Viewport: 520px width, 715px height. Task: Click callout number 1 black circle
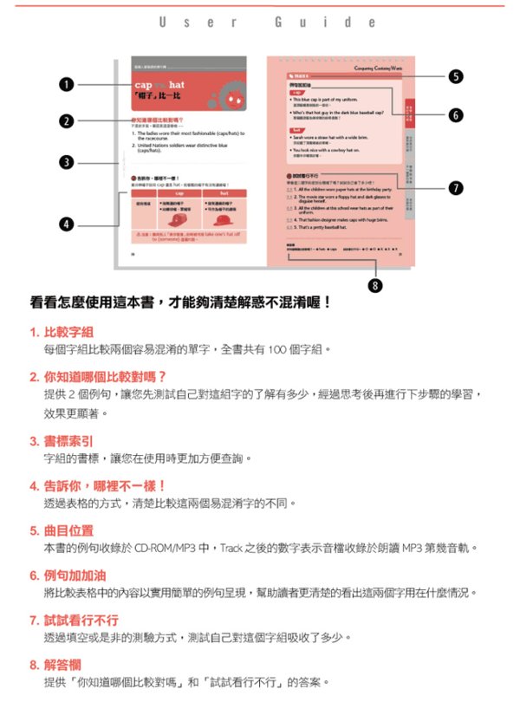coord(65,84)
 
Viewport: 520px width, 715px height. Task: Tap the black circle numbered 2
coord(65,120)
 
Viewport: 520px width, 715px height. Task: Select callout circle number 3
coord(65,161)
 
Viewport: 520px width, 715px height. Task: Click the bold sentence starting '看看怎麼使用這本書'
coord(180,302)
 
